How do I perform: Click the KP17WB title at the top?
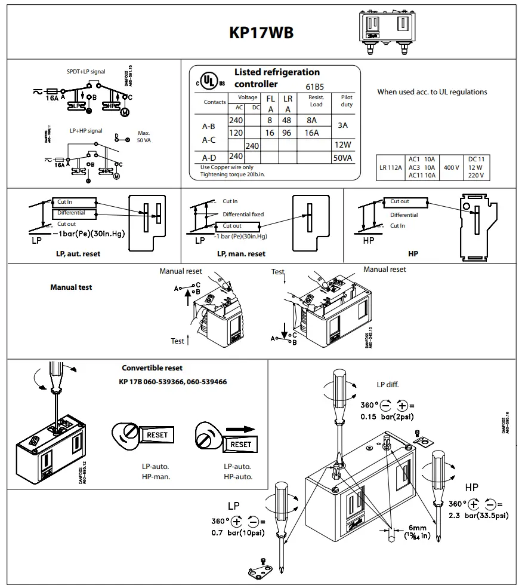(x=261, y=33)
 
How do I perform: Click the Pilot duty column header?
(x=347, y=100)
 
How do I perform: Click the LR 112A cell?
(x=391, y=168)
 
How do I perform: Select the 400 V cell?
(x=451, y=168)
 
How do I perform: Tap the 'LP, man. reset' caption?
(x=241, y=254)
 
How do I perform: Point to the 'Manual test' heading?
(x=71, y=287)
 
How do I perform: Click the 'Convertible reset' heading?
(x=152, y=368)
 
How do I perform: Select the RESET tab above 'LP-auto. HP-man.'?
(x=157, y=436)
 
